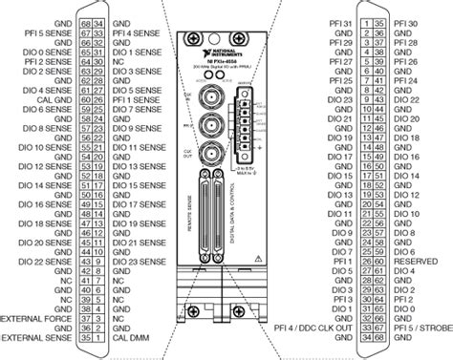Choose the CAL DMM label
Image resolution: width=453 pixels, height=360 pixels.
129,336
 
